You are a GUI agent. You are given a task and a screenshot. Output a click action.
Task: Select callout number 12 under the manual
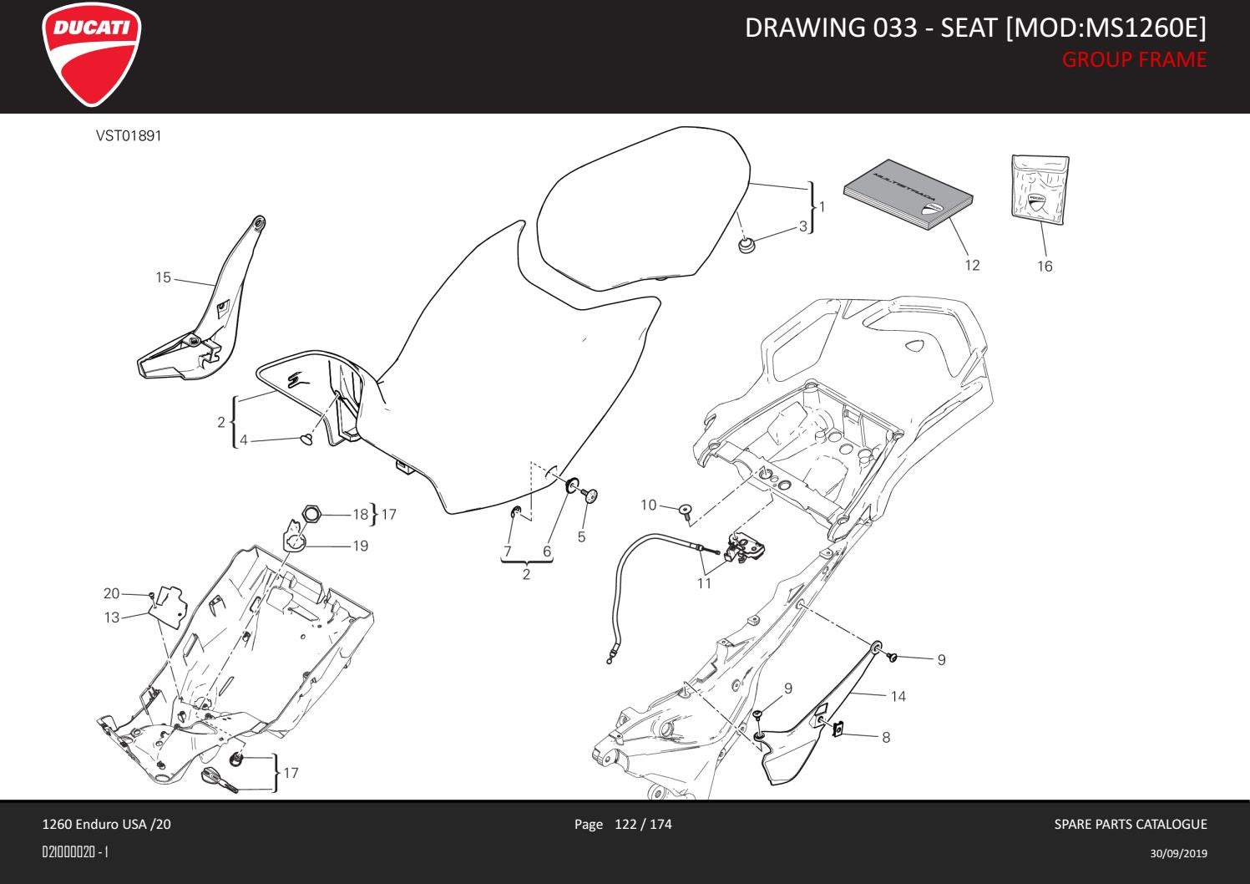coord(972,266)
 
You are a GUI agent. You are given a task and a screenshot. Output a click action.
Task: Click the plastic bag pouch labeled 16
coord(1040,190)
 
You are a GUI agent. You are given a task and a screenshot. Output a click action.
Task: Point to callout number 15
coord(163,277)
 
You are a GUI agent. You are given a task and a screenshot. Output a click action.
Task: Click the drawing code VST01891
coord(129,135)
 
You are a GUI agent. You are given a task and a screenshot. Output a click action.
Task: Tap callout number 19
coord(360,546)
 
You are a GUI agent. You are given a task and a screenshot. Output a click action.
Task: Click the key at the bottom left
coord(219,779)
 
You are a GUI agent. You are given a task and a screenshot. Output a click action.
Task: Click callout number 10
coord(649,505)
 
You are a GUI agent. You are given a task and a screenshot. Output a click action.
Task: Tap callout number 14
coord(898,696)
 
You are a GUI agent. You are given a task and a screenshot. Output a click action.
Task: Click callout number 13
coord(112,617)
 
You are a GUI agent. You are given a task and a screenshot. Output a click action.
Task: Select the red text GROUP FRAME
coord(1133,60)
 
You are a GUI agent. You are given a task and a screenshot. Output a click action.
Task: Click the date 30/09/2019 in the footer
coord(1178,853)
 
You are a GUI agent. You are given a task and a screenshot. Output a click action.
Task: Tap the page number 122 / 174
coord(642,825)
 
